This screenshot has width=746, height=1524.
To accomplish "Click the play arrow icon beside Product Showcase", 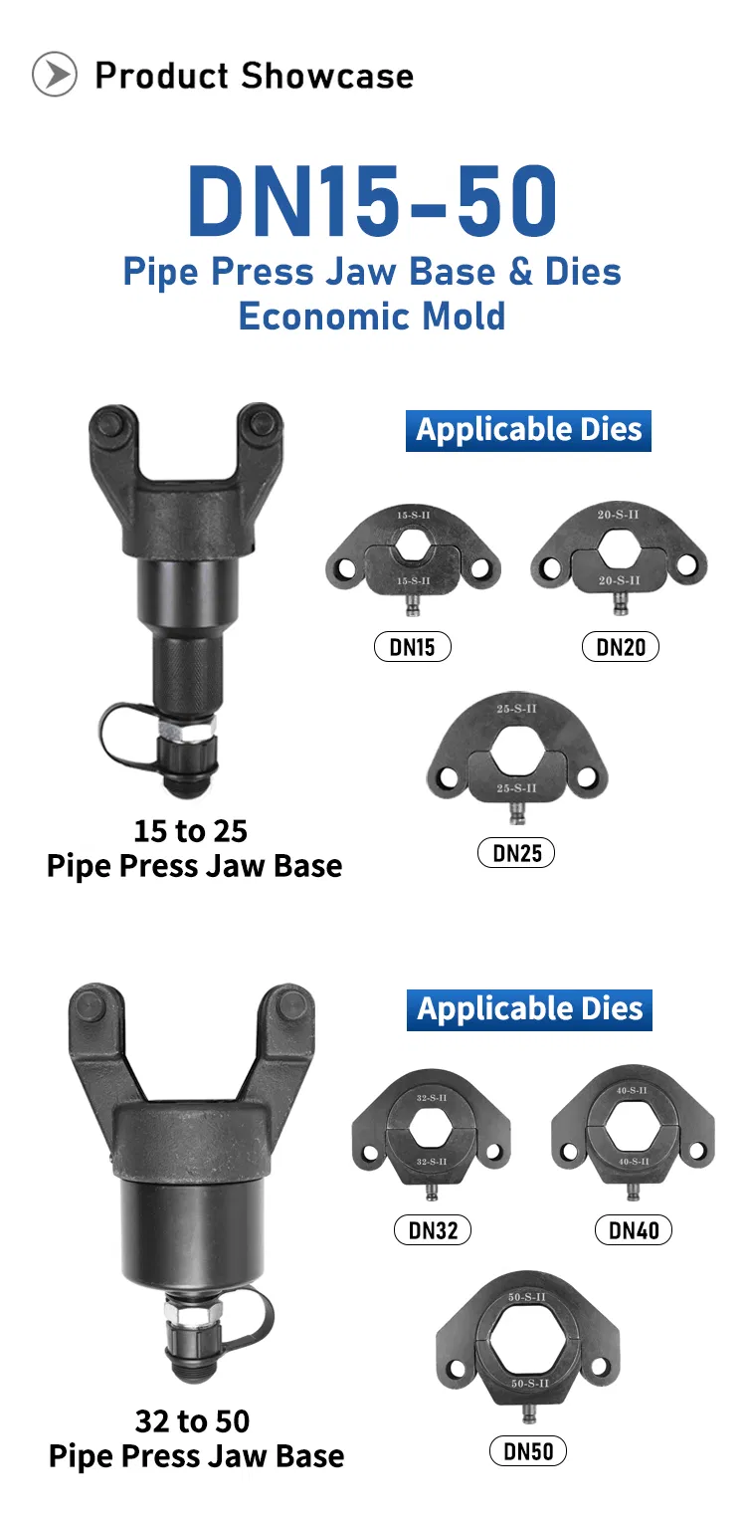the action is pos(55,74).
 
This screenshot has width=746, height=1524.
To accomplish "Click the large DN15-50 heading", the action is pos(373,201).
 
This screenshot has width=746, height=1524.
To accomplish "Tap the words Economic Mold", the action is pos(372,317).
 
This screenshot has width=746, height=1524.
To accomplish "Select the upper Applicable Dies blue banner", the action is pos(528,431).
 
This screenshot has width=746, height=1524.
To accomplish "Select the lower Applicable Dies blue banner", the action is pos(530,1009).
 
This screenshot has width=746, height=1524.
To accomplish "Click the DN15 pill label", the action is pos(412,647).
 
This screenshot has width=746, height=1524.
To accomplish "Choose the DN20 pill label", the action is pos(621,647).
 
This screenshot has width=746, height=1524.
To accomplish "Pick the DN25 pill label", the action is pos(516,853).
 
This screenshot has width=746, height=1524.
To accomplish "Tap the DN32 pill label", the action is pos(433,1230).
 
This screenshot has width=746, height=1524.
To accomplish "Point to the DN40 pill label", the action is pos(634,1230).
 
